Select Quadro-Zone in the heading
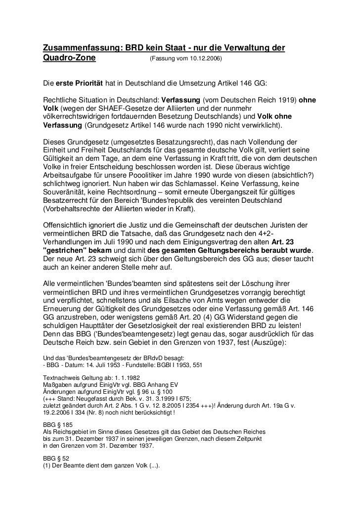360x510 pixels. click(x=69, y=58)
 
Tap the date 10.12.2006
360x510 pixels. click(x=205, y=59)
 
